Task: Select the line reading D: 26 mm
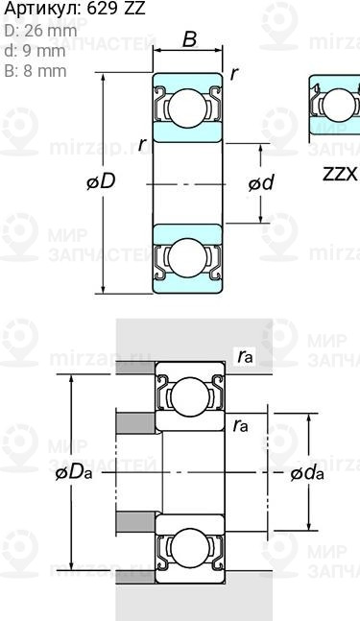click(x=40, y=31)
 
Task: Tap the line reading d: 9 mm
click(x=35, y=51)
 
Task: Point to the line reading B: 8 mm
click(x=36, y=71)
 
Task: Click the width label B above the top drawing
click(x=189, y=40)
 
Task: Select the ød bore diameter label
click(x=261, y=182)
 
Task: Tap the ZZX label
click(x=338, y=174)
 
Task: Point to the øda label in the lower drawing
click(x=306, y=472)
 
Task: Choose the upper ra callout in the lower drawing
click(x=244, y=357)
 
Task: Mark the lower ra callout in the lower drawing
click(x=239, y=423)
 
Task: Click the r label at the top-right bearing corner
click(x=234, y=75)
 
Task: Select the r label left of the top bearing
click(x=142, y=143)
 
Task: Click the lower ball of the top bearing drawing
click(x=189, y=257)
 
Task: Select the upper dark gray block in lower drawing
click(x=135, y=422)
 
